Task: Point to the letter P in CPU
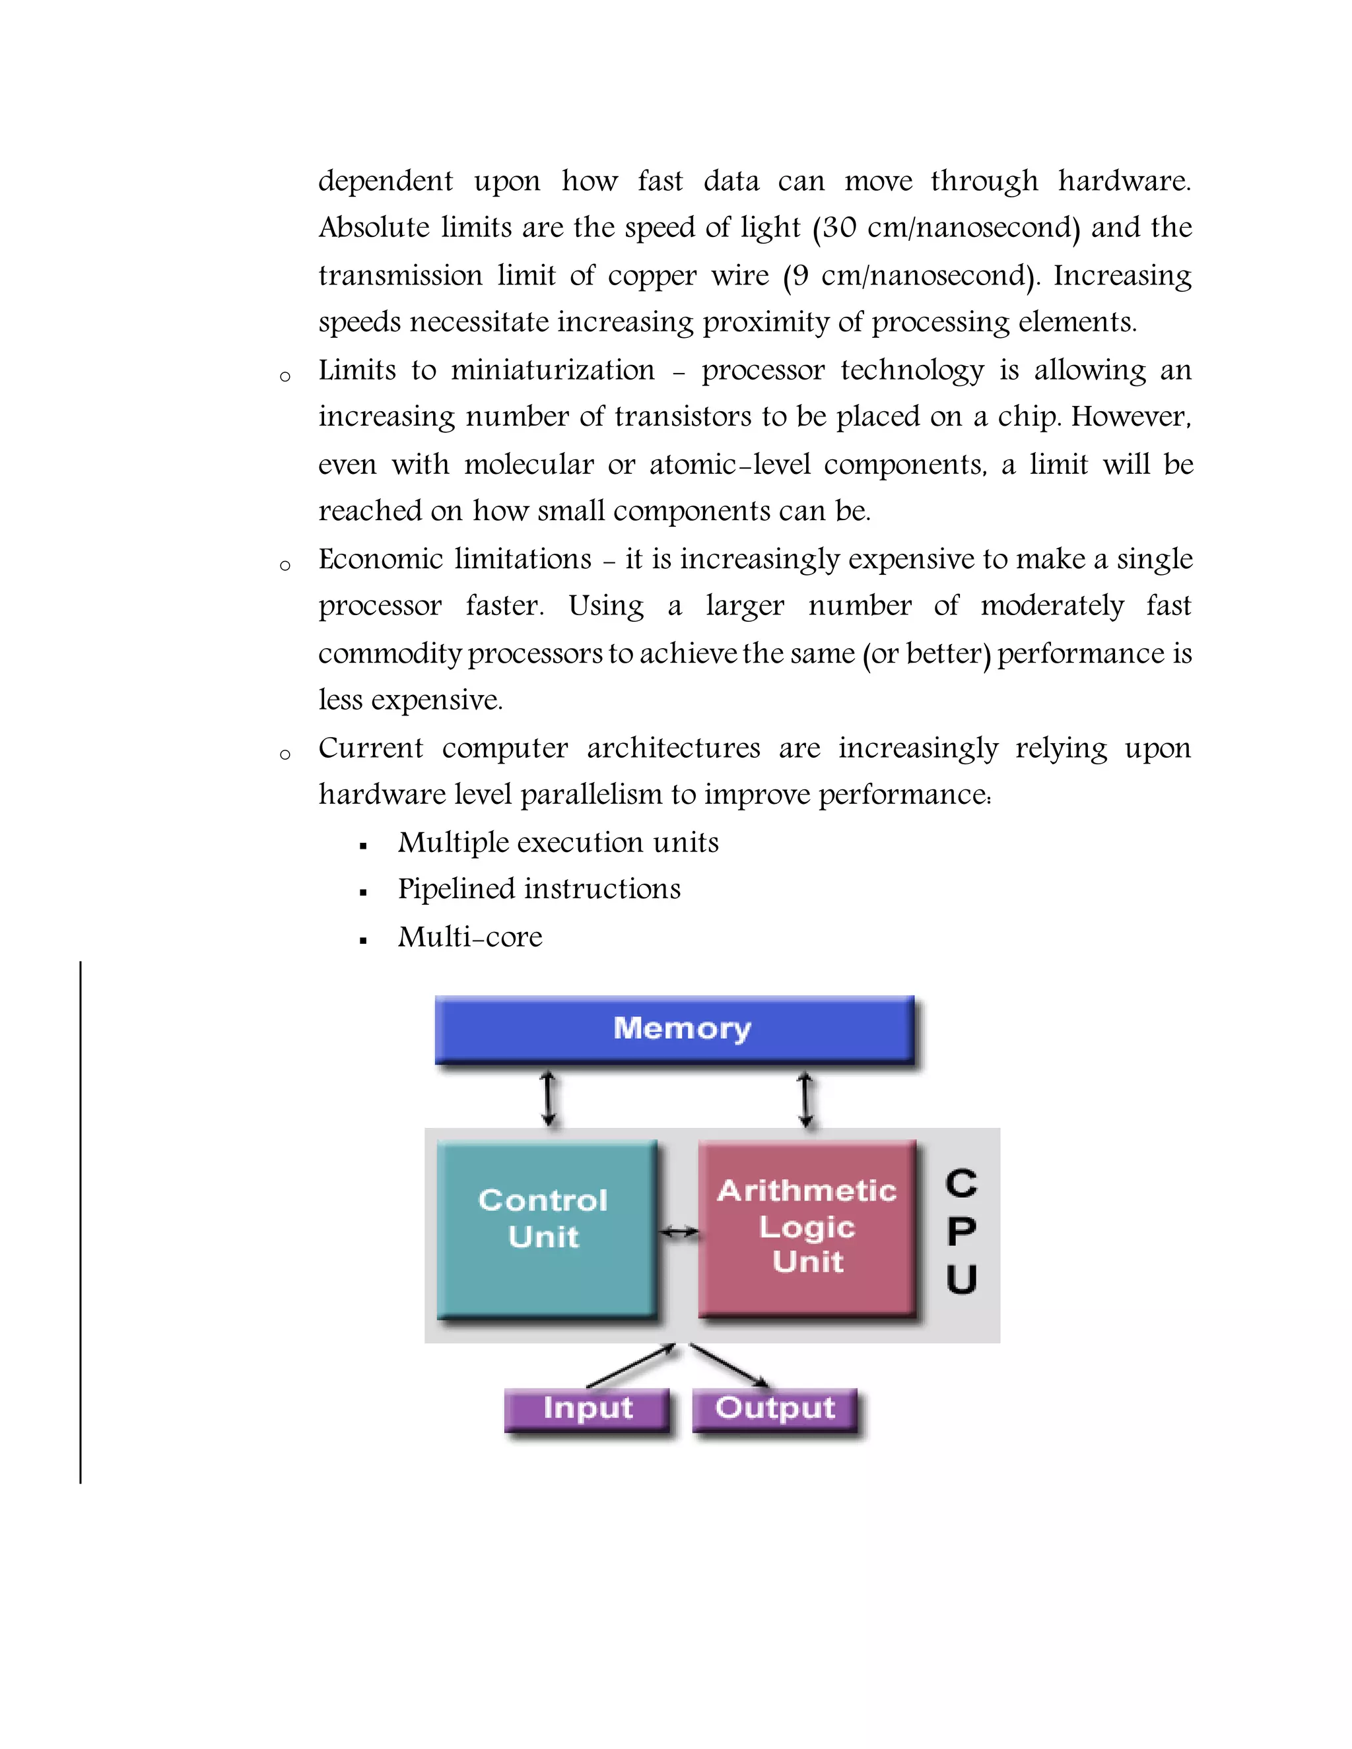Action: (x=961, y=1232)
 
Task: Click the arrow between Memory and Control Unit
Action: (x=548, y=1099)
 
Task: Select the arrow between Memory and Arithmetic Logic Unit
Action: (x=806, y=1099)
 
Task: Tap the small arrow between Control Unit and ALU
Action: (x=679, y=1234)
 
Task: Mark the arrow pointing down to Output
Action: (x=729, y=1366)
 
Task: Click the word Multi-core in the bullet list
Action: (x=470, y=937)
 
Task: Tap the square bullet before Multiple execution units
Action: (x=364, y=845)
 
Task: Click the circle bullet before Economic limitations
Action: (x=285, y=566)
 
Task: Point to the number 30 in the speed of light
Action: (x=838, y=228)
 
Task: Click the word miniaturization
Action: (x=553, y=370)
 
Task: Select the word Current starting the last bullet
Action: (x=370, y=748)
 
